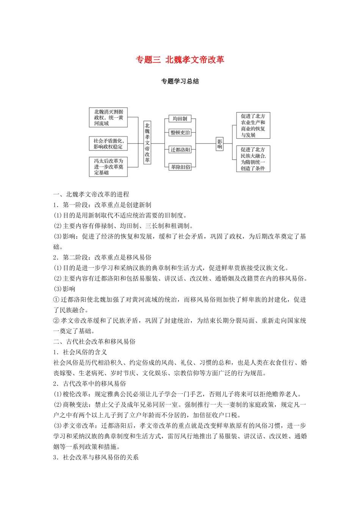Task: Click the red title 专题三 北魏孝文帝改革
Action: pos(180,60)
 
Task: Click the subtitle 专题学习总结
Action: pos(180,81)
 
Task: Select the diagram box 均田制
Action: pos(180,119)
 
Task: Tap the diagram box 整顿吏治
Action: pos(180,133)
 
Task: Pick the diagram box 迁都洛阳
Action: pos(180,150)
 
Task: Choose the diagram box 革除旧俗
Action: pos(180,167)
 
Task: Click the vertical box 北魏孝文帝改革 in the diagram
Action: pos(147,143)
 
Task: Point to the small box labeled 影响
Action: pos(219,144)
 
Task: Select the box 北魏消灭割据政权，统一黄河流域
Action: pos(108,117)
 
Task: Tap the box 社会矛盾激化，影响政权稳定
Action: pos(108,144)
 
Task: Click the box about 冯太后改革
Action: pos(108,167)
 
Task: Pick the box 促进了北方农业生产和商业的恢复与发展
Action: pos(253,125)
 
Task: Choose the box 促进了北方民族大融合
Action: pos(253,159)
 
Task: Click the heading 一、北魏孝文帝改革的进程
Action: pos(91,194)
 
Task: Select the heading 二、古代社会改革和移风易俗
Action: pos(94,342)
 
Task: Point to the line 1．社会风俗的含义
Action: pos(80,352)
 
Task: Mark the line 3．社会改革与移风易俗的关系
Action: pos(96,457)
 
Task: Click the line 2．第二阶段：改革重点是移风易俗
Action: pos(102,258)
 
